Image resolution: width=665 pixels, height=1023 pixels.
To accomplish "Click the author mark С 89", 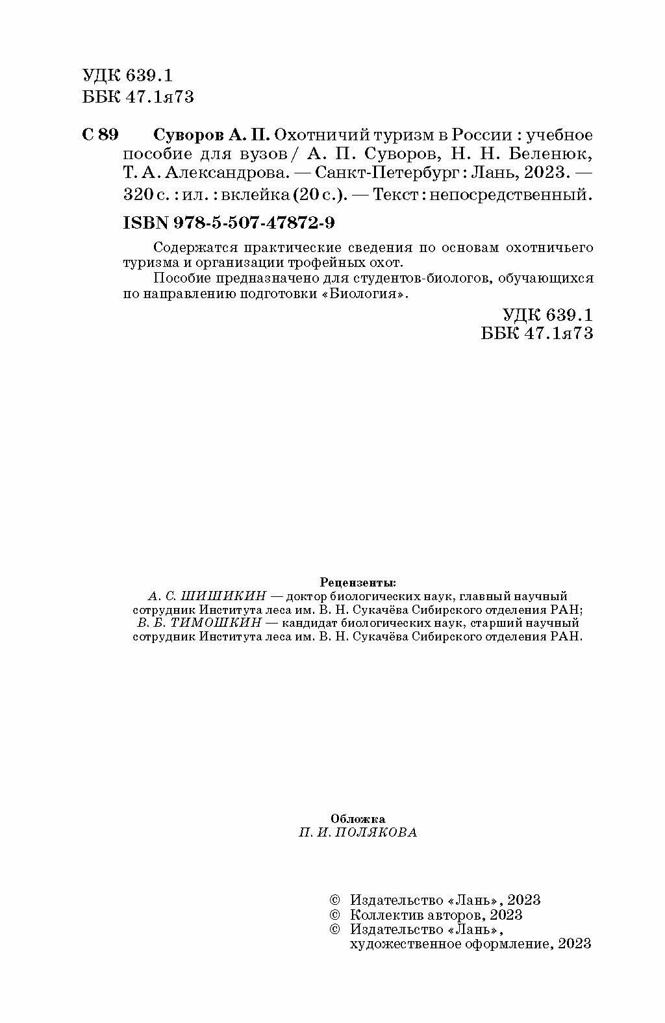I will (101, 135).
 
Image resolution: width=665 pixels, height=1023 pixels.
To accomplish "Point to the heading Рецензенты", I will (358, 581).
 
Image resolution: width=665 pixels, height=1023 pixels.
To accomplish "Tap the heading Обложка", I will (358, 819).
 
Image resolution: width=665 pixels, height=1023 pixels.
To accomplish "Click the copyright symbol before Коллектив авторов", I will (335, 915).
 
